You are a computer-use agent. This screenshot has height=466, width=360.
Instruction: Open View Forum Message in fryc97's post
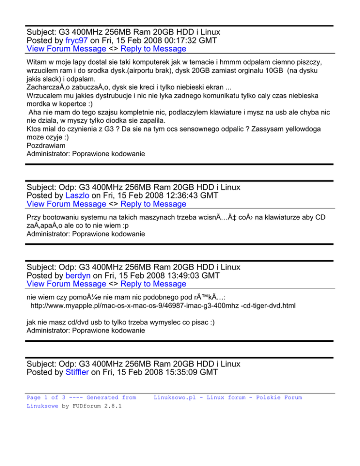coord(66,49)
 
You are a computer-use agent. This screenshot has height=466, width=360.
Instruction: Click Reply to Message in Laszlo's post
coord(153,204)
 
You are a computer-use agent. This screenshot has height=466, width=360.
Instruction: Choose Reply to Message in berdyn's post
coord(153,284)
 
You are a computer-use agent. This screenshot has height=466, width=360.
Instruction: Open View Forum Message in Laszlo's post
coord(66,204)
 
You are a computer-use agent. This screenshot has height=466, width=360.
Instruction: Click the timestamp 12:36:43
coord(180,195)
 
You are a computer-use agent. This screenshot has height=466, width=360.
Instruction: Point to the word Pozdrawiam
coord(46,145)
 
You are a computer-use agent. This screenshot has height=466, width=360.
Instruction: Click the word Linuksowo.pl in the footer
coord(175,398)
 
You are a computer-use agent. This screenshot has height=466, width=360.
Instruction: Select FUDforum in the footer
coord(85,406)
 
